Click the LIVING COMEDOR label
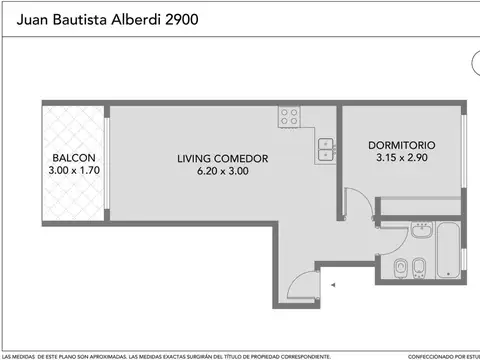223,158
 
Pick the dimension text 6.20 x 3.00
223,171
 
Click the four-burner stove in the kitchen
291,115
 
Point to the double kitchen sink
326,150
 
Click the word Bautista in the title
73,18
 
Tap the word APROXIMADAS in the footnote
100,355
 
